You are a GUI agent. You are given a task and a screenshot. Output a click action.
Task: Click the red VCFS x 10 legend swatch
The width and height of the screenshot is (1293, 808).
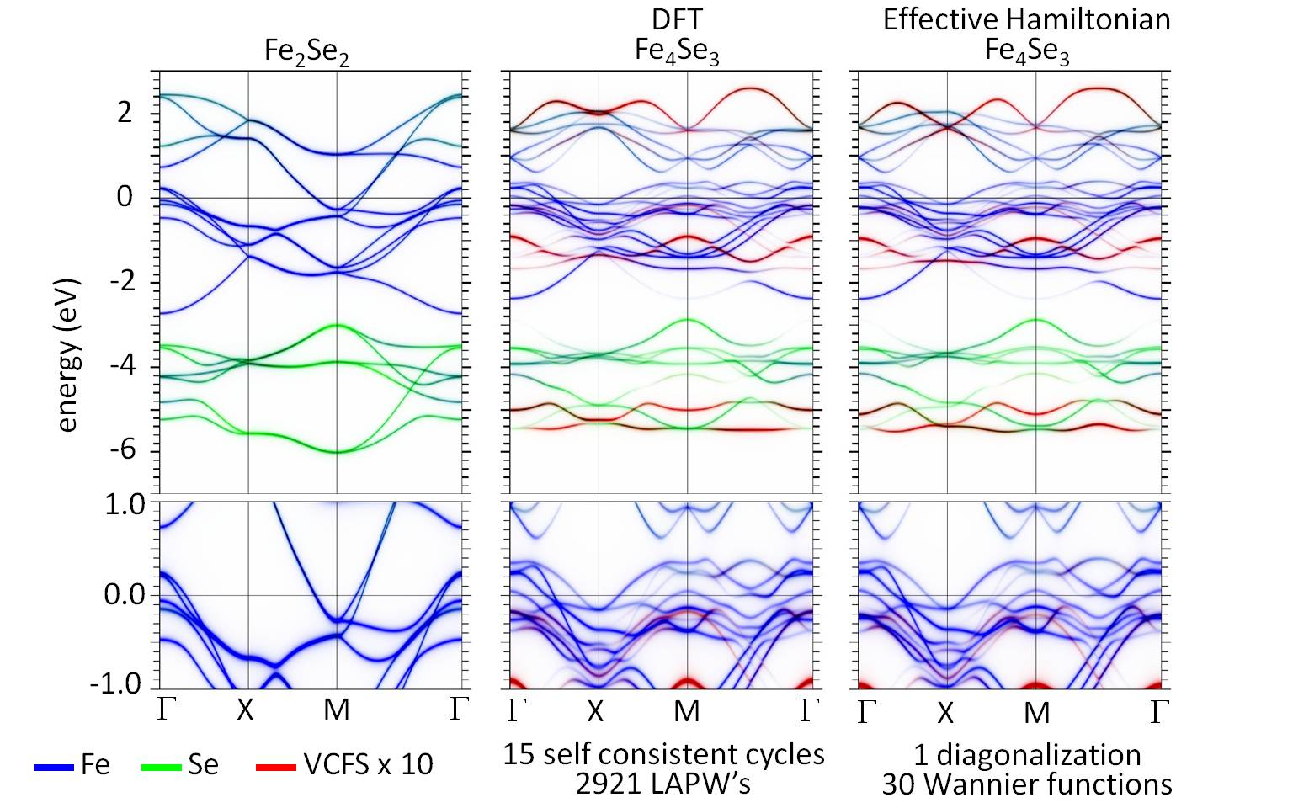coord(275,767)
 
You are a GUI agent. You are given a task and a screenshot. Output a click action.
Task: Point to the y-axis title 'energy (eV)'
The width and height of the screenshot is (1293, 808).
coord(67,354)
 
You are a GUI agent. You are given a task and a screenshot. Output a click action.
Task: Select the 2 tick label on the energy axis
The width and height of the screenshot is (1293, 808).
coord(125,113)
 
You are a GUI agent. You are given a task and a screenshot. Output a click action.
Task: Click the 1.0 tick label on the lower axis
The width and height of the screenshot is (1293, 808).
coord(125,504)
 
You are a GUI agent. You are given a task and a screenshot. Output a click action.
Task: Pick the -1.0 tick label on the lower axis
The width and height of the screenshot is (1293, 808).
coord(116,684)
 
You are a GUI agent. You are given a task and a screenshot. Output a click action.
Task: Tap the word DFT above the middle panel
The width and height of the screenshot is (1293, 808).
coord(677,19)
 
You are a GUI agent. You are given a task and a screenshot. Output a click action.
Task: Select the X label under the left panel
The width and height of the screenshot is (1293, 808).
coord(244,710)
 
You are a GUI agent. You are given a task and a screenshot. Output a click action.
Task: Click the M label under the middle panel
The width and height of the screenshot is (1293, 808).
coord(687,711)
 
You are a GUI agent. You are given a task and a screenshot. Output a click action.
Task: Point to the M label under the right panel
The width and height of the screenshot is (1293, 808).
coord(1036,712)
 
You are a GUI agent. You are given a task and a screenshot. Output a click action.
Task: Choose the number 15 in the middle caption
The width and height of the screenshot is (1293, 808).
coord(517,754)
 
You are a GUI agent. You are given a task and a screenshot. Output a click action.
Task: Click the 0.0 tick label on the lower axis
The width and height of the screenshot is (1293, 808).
coord(125,595)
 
